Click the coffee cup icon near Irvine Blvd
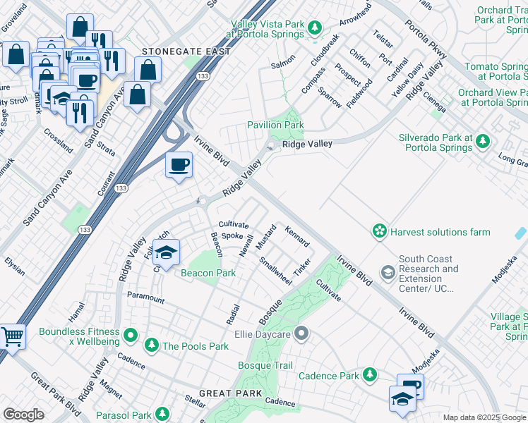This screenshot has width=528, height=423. pos(178,166)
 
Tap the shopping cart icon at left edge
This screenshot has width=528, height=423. pos(12,336)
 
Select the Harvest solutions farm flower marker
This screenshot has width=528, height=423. pos(380,231)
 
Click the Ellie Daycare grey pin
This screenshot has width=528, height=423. pos(301,332)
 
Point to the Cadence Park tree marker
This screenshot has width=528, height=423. pos(368,374)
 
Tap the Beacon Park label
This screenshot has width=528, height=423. pos(208,273)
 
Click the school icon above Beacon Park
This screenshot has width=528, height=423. pos(166,252)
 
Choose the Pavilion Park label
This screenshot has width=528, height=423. pos(275,125)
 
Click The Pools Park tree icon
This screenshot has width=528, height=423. pos(151,345)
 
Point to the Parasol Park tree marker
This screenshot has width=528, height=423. pos(162,414)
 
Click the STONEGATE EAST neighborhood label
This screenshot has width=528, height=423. pos(186,51)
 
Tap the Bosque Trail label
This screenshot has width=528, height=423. pos(265,365)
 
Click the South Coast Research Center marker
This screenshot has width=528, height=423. pos(388,271)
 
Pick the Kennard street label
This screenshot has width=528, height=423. pos(296,236)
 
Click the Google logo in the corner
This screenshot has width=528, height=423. pos(23,415)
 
